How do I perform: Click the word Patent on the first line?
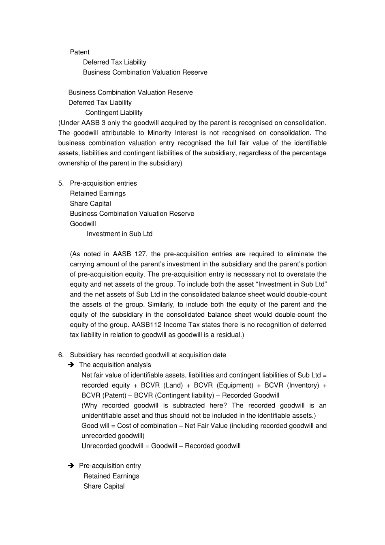[79, 52]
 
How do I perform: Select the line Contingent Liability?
[113, 113]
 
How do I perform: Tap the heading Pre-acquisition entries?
[103, 183]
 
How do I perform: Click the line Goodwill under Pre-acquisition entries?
[83, 224]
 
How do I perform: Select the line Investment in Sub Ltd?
[120, 234]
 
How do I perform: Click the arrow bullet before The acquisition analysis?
[71, 365]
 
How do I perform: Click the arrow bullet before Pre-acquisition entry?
[71, 466]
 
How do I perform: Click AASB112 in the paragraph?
[146, 325]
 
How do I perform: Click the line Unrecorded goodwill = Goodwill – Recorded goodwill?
[161, 446]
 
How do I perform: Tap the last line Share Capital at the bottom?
[104, 486]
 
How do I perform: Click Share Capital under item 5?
[90, 204]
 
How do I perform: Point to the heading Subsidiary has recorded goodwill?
[148, 355]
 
